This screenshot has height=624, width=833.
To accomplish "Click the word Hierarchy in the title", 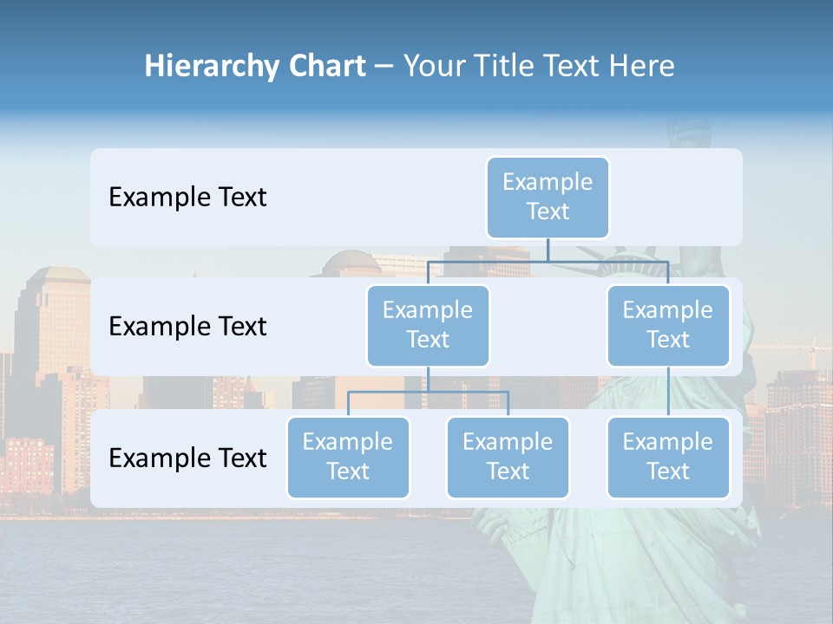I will (x=211, y=67).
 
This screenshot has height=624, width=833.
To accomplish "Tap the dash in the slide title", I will (x=384, y=67).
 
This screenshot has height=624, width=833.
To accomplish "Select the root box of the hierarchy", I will (x=548, y=198).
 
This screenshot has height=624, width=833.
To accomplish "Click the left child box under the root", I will (x=428, y=326).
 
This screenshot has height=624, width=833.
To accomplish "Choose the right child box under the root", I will (x=668, y=326).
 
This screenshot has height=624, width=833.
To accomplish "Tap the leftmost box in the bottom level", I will (x=348, y=458).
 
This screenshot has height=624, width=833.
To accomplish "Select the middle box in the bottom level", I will (x=508, y=458).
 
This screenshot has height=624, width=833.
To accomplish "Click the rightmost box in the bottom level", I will (x=668, y=458).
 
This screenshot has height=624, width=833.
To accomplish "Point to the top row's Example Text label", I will (x=187, y=198).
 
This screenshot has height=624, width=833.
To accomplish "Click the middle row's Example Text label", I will (x=187, y=327).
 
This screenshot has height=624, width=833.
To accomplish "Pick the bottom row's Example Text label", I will (x=187, y=458).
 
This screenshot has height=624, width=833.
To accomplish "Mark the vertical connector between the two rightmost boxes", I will (x=668, y=392).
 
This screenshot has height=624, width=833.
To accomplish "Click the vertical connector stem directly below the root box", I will (x=548, y=250).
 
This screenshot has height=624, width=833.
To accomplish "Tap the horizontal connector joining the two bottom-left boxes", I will (x=428, y=392).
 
